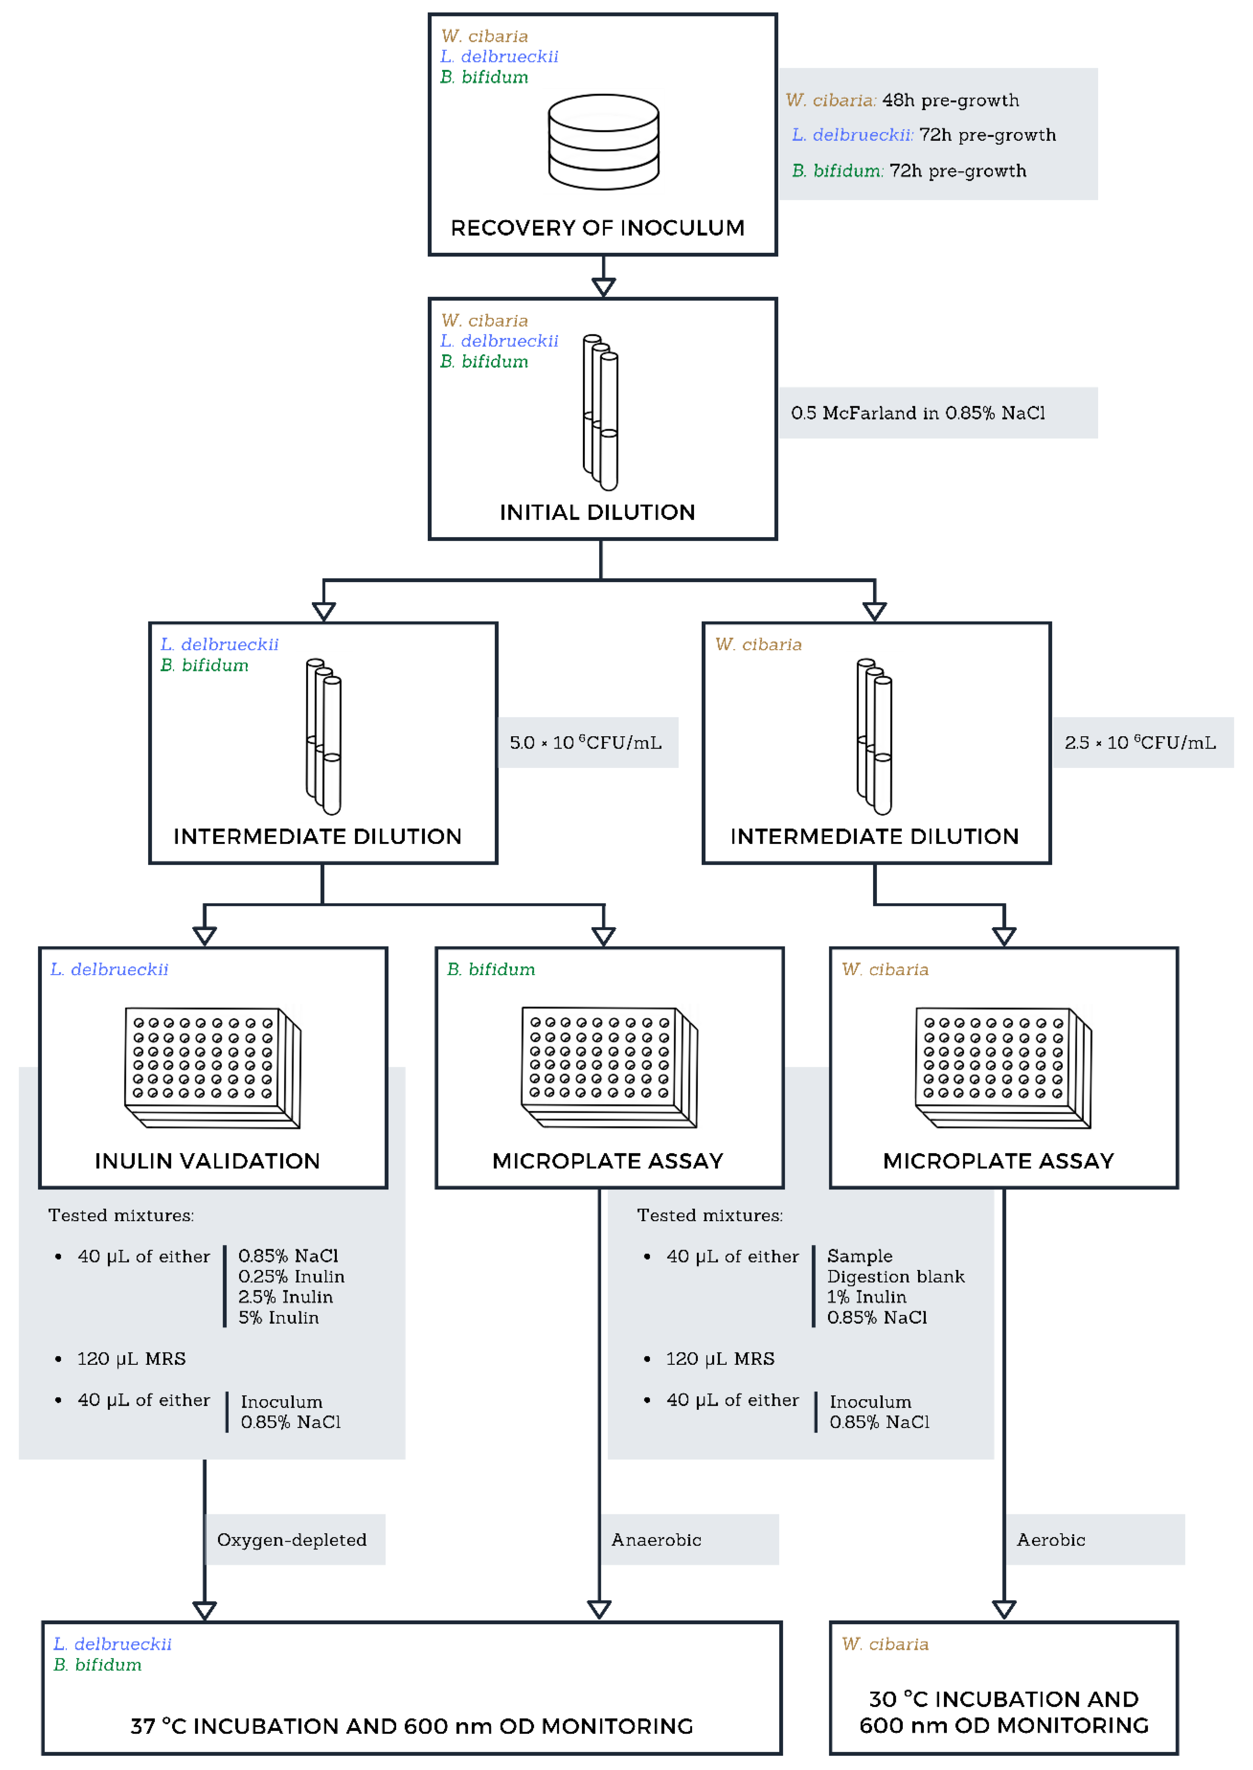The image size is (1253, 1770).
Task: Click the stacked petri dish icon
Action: [x=603, y=142]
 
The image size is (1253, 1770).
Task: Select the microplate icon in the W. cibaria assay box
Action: [x=1004, y=1067]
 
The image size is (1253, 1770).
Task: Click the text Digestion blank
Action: [x=896, y=1276]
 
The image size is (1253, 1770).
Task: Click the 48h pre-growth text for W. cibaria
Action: [x=951, y=100]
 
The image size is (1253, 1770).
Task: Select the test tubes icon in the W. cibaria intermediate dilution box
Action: [x=874, y=737]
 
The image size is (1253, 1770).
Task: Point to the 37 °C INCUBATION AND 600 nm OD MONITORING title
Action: [x=412, y=1726]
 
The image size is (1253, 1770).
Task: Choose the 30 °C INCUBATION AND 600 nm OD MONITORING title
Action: [x=1004, y=1712]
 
